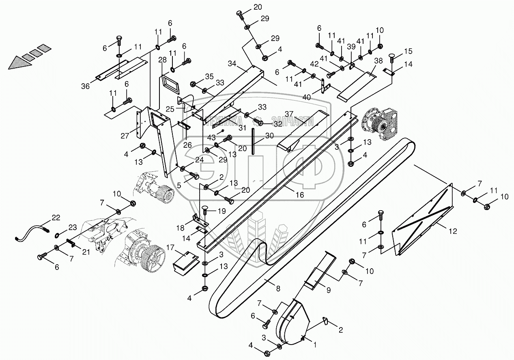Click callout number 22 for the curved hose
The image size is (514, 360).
coord(56,218)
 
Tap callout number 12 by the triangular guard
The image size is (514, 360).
coord(452,231)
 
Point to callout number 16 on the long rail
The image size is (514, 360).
coord(299,195)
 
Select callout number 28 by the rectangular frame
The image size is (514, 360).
coord(162,60)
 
